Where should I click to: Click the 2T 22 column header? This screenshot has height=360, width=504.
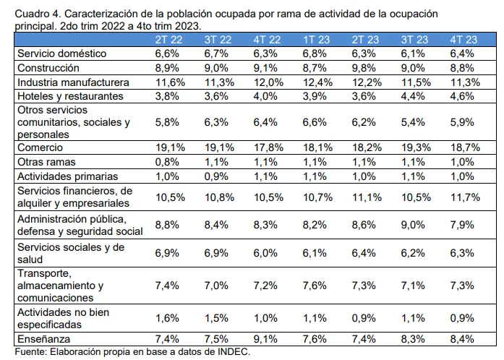click(x=167, y=40)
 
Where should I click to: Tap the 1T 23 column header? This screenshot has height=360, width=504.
click(x=315, y=40)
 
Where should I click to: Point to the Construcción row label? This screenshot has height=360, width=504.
click(x=49, y=68)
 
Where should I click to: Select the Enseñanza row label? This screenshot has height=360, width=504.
click(x=46, y=338)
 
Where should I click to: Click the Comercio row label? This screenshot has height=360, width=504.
click(x=42, y=147)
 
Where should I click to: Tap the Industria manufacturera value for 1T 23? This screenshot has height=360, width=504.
click(x=315, y=82)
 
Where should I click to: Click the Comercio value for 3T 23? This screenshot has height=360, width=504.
click(x=412, y=147)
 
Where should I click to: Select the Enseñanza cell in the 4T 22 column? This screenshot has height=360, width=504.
click(x=265, y=338)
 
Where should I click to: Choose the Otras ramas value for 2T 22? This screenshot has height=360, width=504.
click(x=167, y=161)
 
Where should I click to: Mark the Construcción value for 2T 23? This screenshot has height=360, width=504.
click(x=363, y=68)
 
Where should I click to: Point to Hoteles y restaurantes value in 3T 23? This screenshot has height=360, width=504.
click(x=412, y=96)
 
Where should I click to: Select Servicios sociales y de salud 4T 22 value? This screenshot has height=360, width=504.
click(x=265, y=253)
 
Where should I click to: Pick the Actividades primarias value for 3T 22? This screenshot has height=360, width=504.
click(x=216, y=176)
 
